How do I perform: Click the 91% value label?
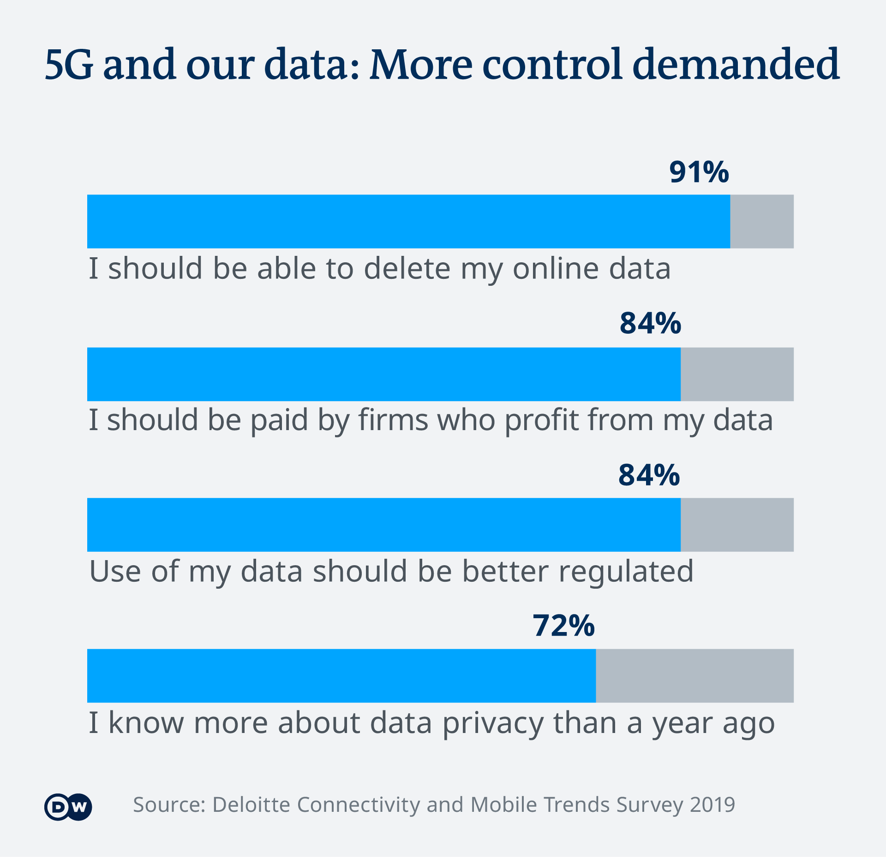(x=699, y=172)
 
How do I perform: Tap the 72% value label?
(x=563, y=626)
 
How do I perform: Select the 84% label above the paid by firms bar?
(x=650, y=323)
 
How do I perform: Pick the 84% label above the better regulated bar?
(x=649, y=475)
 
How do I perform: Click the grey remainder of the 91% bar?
(x=761, y=221)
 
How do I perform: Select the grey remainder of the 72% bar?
(x=694, y=675)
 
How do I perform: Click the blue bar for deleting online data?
(x=408, y=221)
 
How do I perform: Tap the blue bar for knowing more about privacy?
(x=341, y=675)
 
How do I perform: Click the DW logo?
(x=68, y=807)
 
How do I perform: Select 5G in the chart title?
(x=69, y=65)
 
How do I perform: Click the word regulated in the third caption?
(x=626, y=572)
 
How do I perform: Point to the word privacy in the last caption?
(x=493, y=723)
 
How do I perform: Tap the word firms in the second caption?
(x=393, y=420)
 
